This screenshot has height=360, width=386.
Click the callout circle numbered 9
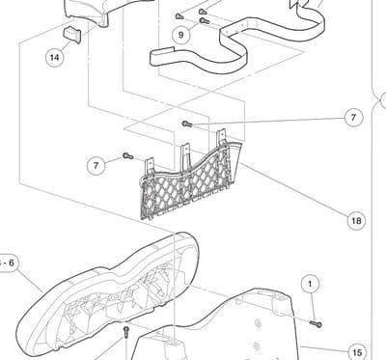point(180,35)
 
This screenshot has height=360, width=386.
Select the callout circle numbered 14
point(55,58)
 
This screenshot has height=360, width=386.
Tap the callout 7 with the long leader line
point(353,118)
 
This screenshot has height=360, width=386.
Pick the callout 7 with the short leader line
point(96,166)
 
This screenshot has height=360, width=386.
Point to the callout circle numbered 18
point(356,221)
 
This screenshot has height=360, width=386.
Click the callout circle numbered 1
point(310,284)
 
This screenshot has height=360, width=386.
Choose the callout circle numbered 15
point(357,352)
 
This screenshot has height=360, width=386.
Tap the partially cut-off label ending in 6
point(8,263)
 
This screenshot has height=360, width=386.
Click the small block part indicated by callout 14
point(72,35)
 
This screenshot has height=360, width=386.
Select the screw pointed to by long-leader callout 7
point(186,124)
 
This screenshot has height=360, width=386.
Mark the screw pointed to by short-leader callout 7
point(127,156)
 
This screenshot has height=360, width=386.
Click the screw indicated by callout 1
point(316,323)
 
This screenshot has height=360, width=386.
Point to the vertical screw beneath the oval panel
point(126,332)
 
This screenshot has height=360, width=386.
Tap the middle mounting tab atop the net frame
point(185,152)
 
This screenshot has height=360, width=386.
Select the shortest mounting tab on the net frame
point(151,165)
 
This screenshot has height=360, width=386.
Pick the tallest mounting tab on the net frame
point(221,137)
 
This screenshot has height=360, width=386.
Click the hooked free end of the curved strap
point(161,56)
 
